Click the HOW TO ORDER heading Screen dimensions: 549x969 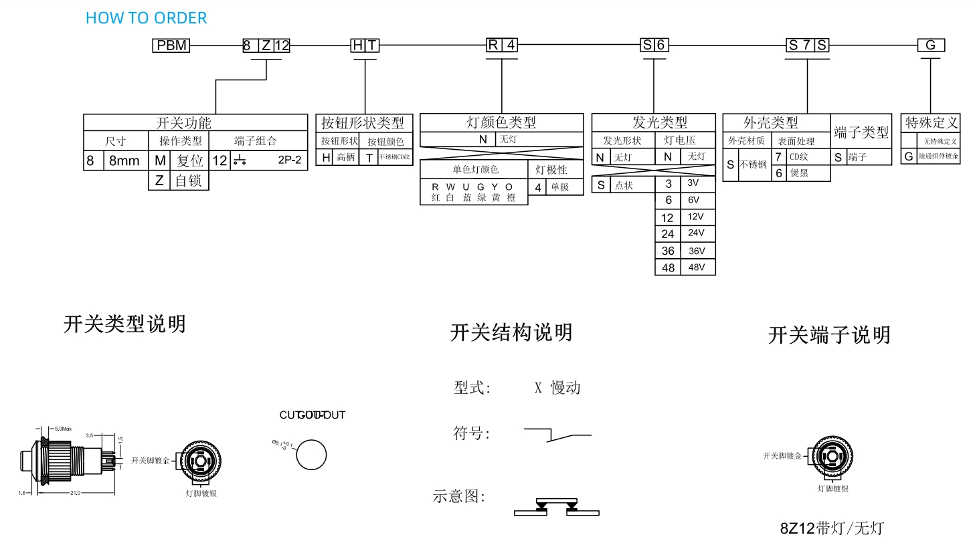pyautogui.click(x=146, y=18)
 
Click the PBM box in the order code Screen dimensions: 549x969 pyautogui.click(x=171, y=45)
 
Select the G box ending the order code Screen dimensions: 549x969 pyautogui.click(x=930, y=45)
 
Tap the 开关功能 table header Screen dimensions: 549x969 pyautogui.click(x=183, y=123)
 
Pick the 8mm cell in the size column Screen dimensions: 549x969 pyautogui.click(x=124, y=161)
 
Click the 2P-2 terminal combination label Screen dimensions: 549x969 pyautogui.click(x=289, y=161)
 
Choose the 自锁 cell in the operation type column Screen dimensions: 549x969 pyautogui.click(x=189, y=181)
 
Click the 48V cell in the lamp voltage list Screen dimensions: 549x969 pyautogui.click(x=697, y=267)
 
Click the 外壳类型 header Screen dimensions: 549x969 pyautogui.click(x=771, y=123)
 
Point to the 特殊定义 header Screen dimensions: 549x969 pyautogui.click(x=932, y=123)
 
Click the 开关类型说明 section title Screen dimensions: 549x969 pyautogui.click(x=124, y=324)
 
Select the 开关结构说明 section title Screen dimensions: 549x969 pyautogui.click(x=511, y=332)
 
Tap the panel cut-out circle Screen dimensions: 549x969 pyautogui.click(x=311, y=455)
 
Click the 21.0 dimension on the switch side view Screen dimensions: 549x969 pyautogui.click(x=74, y=493)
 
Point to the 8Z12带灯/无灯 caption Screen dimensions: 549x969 pyautogui.click(x=831, y=528)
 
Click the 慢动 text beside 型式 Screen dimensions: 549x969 pyautogui.click(x=565, y=388)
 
